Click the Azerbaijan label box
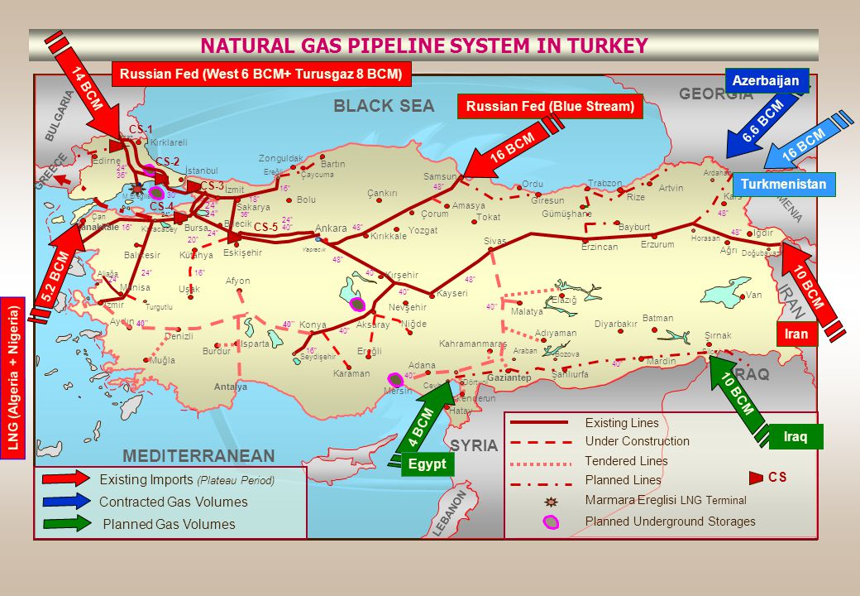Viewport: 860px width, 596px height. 766,80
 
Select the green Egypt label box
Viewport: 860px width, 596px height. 428,464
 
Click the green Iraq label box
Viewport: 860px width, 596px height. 796,436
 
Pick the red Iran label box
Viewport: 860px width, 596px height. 796,334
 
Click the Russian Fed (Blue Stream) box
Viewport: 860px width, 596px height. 550,106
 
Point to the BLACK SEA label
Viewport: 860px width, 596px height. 383,106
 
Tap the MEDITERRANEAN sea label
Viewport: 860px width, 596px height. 198,456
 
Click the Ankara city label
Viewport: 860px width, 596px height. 331,228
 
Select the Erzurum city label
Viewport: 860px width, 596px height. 657,244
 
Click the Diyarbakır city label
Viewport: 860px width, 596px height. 616,324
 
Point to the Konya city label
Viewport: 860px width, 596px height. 313,324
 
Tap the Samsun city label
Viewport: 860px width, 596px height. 439,176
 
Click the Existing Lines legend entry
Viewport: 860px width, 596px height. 622,423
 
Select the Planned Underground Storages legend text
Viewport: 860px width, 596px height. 670,521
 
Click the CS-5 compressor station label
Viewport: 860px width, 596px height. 265,227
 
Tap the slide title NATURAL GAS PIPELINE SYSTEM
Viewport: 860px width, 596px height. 423,46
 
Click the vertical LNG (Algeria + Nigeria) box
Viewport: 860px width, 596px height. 12,377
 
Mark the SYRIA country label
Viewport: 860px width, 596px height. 475,445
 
